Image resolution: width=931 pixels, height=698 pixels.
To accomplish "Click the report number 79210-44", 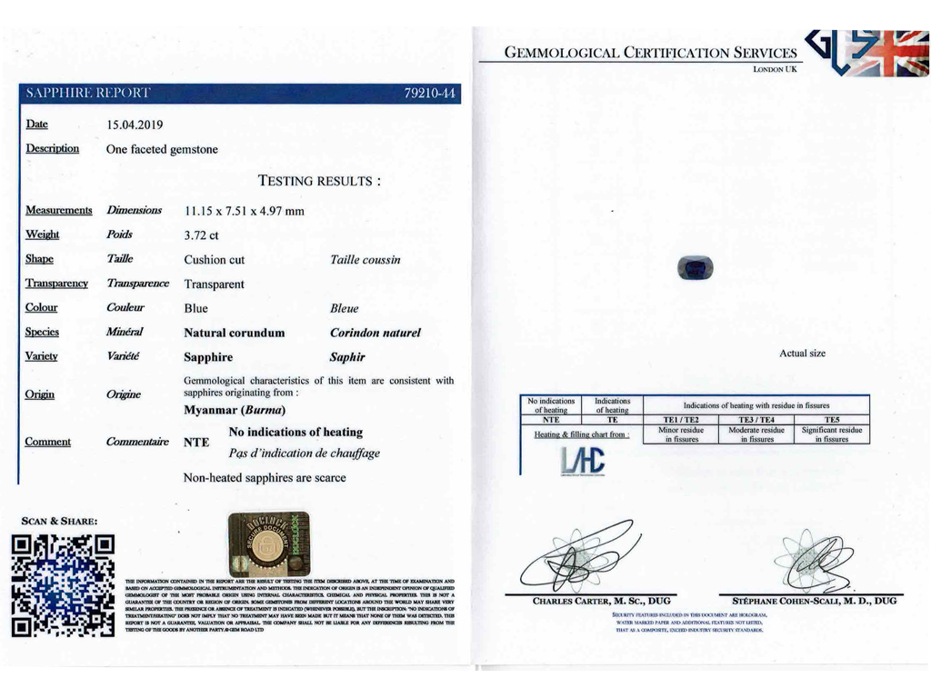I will (x=433, y=94).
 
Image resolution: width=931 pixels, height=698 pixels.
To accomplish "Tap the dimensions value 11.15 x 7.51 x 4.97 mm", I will (x=245, y=211).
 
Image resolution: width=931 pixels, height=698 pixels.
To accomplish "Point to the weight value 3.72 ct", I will (x=202, y=235).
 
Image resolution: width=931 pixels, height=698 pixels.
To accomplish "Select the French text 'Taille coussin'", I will (x=365, y=260).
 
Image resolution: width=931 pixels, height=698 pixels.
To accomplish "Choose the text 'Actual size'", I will (x=802, y=354).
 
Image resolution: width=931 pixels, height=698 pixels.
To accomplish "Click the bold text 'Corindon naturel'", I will (x=375, y=334).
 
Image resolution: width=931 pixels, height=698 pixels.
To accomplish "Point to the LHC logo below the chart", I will (x=564, y=463).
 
